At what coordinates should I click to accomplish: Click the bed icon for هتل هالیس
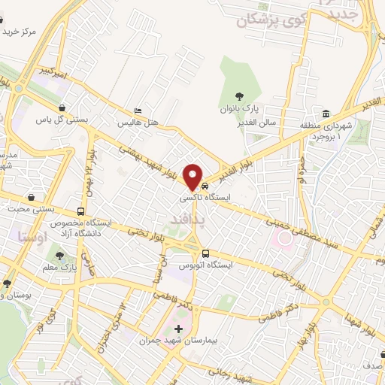point(137,110)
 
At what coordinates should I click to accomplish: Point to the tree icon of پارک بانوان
point(239,95)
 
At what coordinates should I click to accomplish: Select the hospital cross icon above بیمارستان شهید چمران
point(178,329)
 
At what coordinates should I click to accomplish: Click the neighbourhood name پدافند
point(183,217)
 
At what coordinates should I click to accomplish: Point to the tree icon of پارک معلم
point(59,256)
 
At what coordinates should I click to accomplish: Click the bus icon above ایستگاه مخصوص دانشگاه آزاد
point(80,211)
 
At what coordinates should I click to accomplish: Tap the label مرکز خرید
point(20,32)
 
